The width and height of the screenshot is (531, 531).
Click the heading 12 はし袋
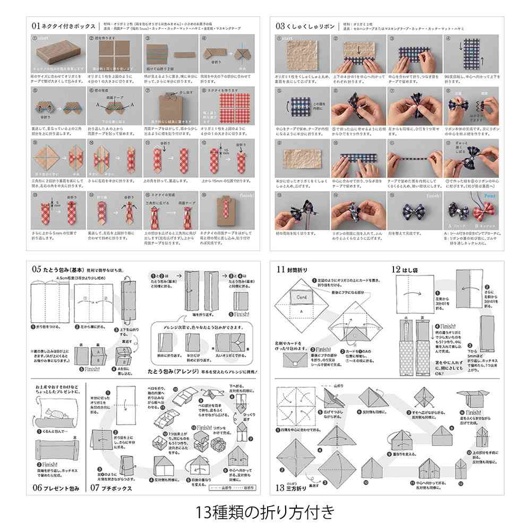(406, 269)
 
